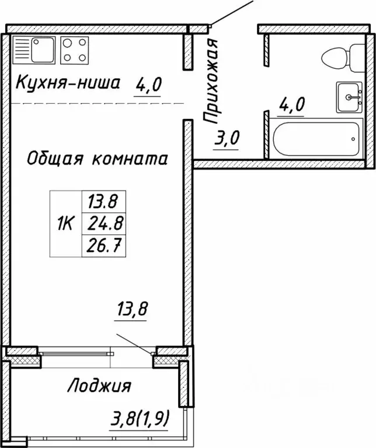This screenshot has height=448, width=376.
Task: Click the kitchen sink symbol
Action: pyautogui.click(x=33, y=49)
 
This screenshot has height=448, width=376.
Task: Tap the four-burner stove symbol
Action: pyautogui.click(x=75, y=49)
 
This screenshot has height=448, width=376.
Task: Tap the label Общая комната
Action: pyautogui.click(x=98, y=158)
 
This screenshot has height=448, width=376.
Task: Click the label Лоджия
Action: pyautogui.click(x=99, y=386)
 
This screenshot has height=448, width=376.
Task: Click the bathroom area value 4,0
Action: pyautogui.click(x=293, y=107)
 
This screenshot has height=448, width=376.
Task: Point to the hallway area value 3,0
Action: pyautogui.click(x=227, y=140)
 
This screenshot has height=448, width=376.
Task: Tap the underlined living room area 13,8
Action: pyautogui.click(x=131, y=309)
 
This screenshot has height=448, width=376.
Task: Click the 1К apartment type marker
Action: pyautogui.click(x=65, y=223)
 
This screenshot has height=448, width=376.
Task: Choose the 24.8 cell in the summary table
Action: pyautogui.click(x=103, y=223)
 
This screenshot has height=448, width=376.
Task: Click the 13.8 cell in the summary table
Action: pyautogui.click(x=103, y=202)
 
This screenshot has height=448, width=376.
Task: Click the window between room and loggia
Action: pyautogui.click(x=76, y=352)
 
